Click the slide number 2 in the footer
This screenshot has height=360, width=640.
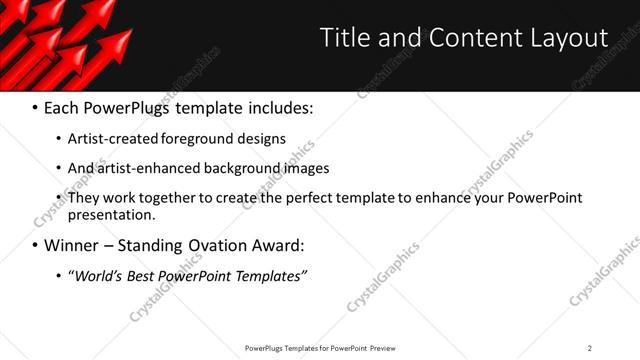pos(590,348)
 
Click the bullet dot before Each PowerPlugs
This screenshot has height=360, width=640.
pos(35,107)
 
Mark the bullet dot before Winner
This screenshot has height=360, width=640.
pos(35,245)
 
